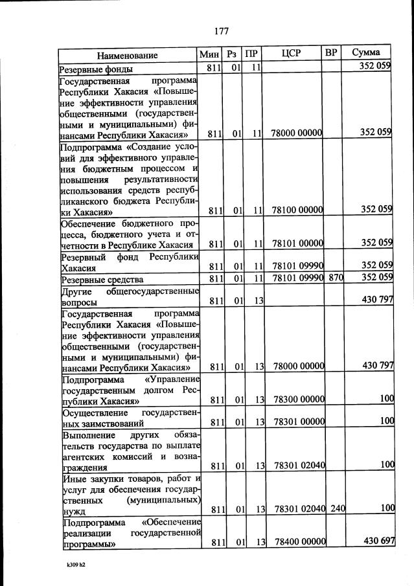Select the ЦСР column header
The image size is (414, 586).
292,53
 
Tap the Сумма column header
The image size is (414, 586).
366,53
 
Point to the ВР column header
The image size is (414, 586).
331,53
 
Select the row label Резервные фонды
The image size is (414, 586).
97,69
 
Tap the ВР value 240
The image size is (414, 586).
337,509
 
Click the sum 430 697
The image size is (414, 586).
378,541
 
